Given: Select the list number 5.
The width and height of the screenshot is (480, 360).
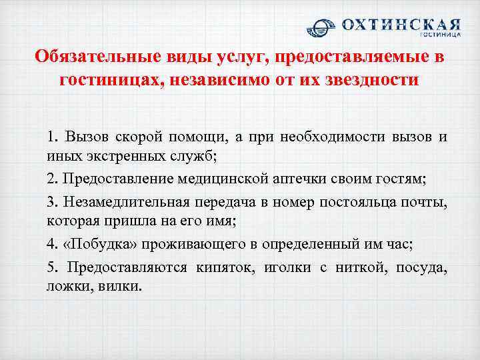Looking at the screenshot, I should pyautogui.click(x=51, y=268).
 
